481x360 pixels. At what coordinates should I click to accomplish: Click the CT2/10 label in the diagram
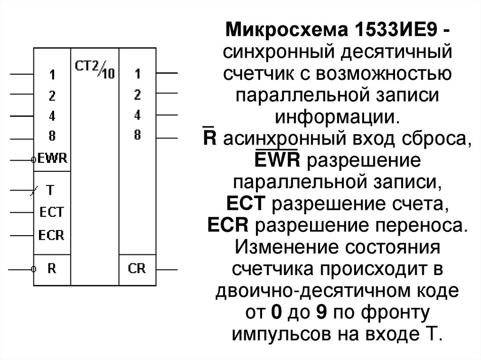tap(94, 70)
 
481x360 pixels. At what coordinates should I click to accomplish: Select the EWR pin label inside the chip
tap(52, 159)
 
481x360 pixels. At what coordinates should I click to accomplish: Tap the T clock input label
tap(50, 191)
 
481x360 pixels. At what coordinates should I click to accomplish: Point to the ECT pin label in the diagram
tap(51, 213)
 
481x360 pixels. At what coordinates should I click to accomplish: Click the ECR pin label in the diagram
tap(51, 235)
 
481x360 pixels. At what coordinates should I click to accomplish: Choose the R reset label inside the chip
tap(51, 269)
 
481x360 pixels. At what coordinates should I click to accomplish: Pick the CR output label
tap(137, 269)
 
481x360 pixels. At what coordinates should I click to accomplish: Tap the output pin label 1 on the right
tap(137, 74)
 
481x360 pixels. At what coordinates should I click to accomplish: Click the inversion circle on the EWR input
tap(33, 160)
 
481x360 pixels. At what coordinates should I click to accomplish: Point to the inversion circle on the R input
tap(33, 270)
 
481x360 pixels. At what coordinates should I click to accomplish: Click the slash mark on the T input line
tap(31, 191)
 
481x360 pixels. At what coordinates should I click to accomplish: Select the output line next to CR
tap(167, 269)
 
